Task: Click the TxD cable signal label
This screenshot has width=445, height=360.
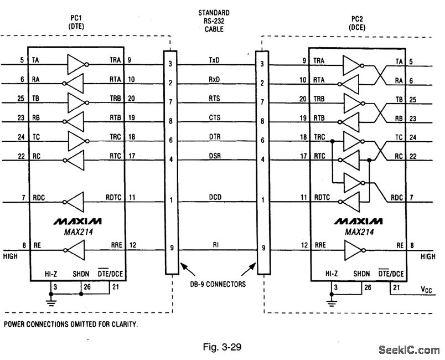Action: (x=214, y=60)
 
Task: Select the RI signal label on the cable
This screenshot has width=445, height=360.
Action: (x=216, y=244)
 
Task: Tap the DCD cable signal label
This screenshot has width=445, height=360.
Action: (x=215, y=197)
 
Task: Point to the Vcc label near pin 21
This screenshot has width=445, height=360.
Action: (x=426, y=290)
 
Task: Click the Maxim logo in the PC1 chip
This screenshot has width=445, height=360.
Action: (x=77, y=222)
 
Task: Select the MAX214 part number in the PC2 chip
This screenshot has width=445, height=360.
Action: (x=359, y=232)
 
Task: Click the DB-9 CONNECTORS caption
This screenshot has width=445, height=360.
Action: (x=218, y=284)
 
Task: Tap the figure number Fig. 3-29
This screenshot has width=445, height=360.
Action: (x=222, y=347)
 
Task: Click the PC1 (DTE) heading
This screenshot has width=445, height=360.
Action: (x=76, y=22)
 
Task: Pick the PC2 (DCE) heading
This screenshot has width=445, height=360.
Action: (x=357, y=23)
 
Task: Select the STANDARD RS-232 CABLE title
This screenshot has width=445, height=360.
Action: (x=214, y=21)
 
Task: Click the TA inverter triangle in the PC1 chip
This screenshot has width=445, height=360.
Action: (x=76, y=64)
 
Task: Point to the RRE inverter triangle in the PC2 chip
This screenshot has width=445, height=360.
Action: (x=353, y=250)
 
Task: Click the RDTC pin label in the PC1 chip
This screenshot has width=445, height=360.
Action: (x=113, y=197)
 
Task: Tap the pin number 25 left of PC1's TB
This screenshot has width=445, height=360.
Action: (x=20, y=99)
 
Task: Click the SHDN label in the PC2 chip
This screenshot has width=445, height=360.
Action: (x=361, y=274)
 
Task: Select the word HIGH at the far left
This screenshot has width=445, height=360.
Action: (x=10, y=256)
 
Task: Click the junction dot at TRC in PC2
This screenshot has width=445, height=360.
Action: (x=332, y=141)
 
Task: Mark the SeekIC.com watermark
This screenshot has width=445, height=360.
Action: (x=409, y=350)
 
